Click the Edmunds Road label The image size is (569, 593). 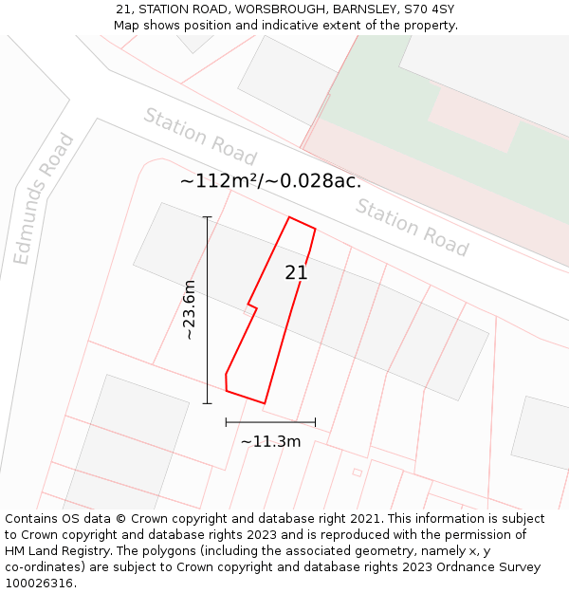[x=44, y=199]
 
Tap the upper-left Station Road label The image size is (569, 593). [x=200, y=136]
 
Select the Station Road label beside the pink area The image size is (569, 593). [x=413, y=228]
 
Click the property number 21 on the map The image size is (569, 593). [x=296, y=272]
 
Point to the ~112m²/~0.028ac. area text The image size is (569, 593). [x=270, y=181]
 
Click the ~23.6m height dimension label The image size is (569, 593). [x=189, y=310]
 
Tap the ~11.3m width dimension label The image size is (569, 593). [x=270, y=441]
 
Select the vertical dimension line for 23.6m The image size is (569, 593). [x=208, y=310]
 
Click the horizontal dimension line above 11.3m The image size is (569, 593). [x=270, y=422]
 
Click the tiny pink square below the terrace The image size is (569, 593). [x=358, y=472]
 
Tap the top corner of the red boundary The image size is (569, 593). [x=289, y=217]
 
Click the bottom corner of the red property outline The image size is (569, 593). [x=264, y=403]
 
